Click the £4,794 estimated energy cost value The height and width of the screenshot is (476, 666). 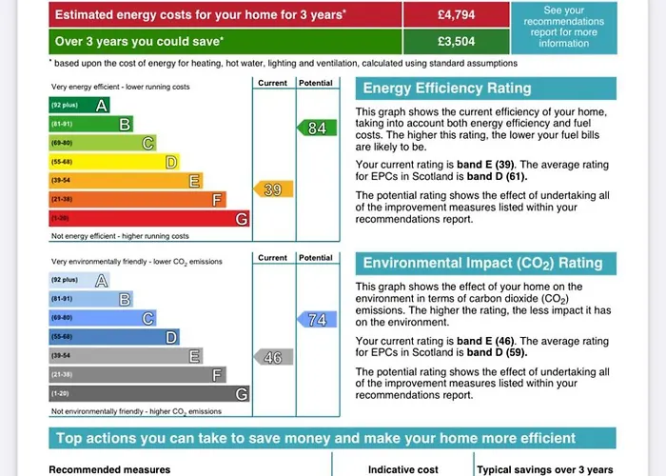(457, 15)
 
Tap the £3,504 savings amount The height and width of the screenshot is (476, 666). (457, 41)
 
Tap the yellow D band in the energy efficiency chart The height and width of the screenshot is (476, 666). (114, 162)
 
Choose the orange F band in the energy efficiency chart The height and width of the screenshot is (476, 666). (138, 199)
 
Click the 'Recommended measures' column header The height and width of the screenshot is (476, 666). (109, 469)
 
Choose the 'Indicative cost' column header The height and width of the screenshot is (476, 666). (403, 469)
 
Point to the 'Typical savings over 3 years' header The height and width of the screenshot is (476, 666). (543, 469)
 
